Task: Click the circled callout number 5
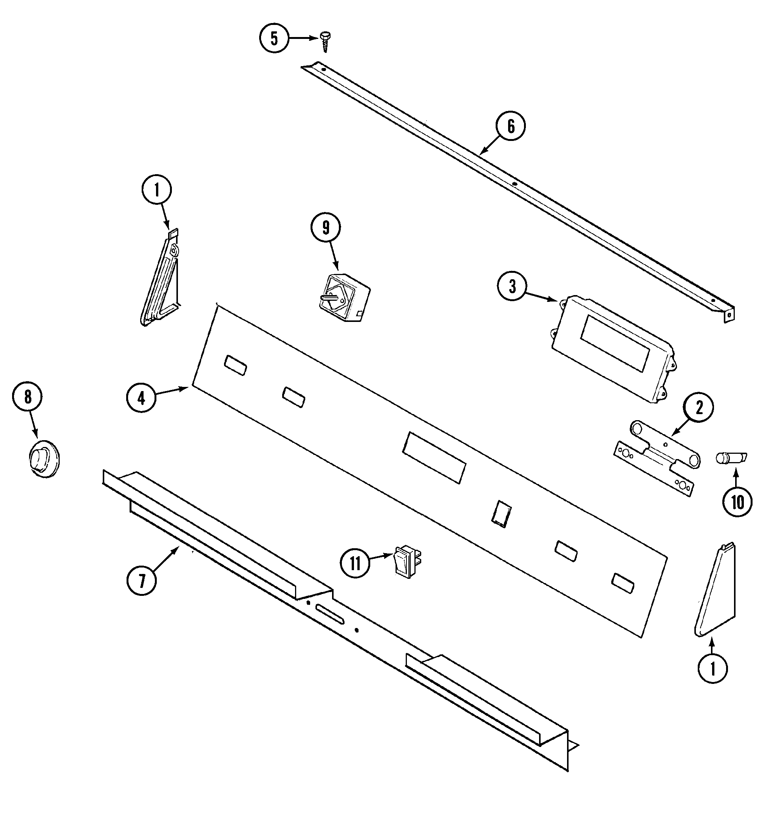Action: click(274, 39)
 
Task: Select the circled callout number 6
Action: click(511, 126)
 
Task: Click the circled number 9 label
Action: click(326, 228)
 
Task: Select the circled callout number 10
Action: click(737, 501)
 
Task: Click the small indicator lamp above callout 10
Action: click(731, 458)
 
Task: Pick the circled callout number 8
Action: click(28, 397)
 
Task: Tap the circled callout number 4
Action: click(141, 397)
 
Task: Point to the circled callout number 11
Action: click(355, 564)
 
